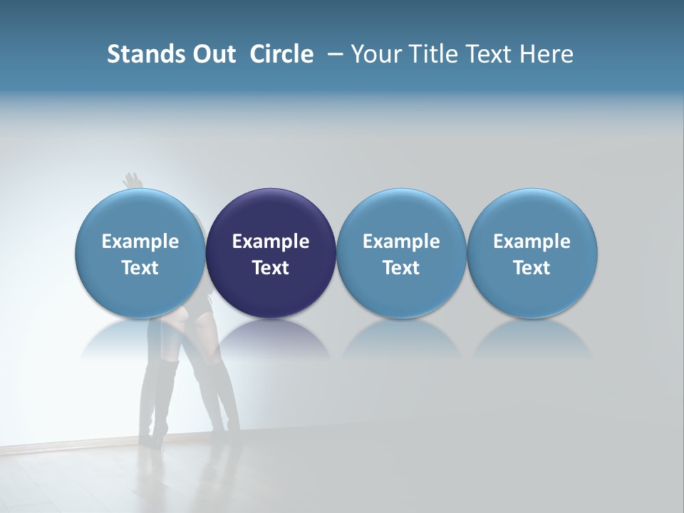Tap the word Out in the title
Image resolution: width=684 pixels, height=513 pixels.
212,54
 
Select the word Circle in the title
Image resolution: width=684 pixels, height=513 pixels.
281,54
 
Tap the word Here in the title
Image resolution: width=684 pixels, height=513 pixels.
546,54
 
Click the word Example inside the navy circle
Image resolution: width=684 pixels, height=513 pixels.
271,242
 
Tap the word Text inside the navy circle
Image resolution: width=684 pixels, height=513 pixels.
271,268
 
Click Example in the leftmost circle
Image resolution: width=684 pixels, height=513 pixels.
140,242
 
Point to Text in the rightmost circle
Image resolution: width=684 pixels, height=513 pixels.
532,268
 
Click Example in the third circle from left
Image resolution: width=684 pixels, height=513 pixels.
401,242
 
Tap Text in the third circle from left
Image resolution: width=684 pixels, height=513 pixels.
401,268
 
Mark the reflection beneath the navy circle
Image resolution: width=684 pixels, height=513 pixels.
271,338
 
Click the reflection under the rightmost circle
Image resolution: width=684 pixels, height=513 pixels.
532,338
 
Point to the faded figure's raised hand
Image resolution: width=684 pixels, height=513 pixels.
131,180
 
